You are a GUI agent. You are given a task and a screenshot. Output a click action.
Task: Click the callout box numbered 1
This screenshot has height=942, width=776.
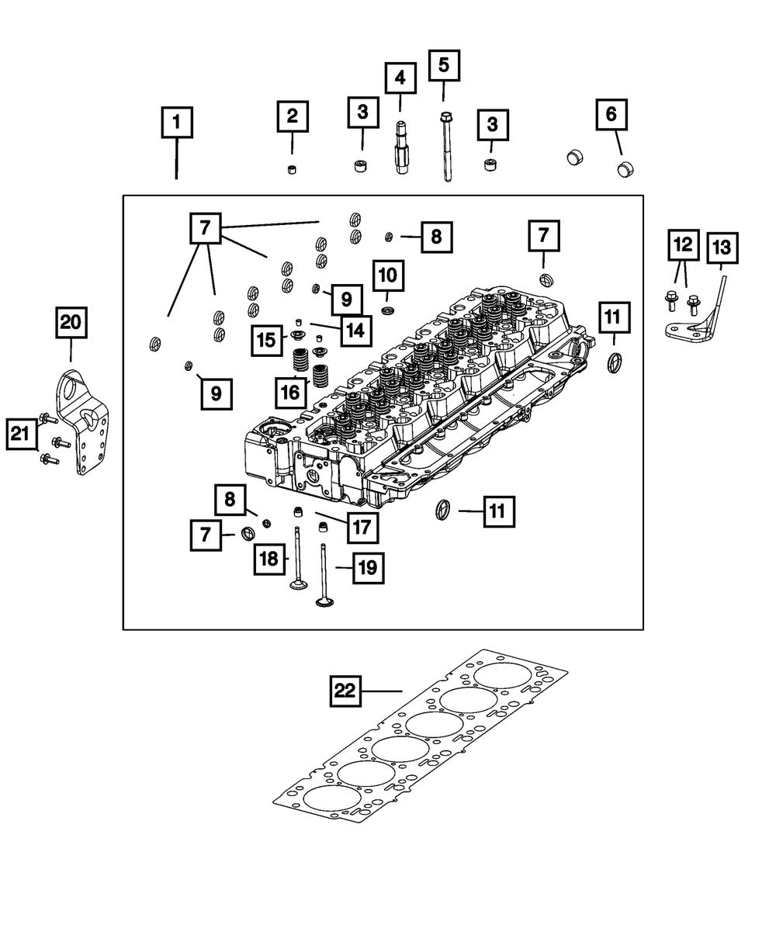pyautogui.click(x=177, y=123)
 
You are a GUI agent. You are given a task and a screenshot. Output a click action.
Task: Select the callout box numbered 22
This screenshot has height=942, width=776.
pyautogui.click(x=345, y=691)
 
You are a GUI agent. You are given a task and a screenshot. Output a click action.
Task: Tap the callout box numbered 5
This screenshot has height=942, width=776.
pyautogui.click(x=443, y=65)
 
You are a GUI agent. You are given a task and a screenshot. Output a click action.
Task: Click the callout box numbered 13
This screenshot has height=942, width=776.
pyautogui.click(x=721, y=248)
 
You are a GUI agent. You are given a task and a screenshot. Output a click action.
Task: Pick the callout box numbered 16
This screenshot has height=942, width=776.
pyautogui.click(x=290, y=393)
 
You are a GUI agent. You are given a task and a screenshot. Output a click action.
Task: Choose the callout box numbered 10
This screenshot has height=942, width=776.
pyautogui.click(x=388, y=274)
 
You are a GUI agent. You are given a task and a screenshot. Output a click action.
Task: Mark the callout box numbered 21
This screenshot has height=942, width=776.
pyautogui.click(x=23, y=435)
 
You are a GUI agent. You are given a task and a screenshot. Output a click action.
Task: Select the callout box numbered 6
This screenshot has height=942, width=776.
pyautogui.click(x=611, y=116)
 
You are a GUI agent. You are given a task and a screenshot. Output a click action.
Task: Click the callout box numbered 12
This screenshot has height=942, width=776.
pyautogui.click(x=682, y=245)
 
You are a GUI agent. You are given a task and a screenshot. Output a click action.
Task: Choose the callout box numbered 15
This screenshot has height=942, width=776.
pyautogui.click(x=266, y=340)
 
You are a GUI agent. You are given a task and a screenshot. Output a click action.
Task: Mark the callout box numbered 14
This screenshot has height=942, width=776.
pyautogui.click(x=355, y=330)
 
